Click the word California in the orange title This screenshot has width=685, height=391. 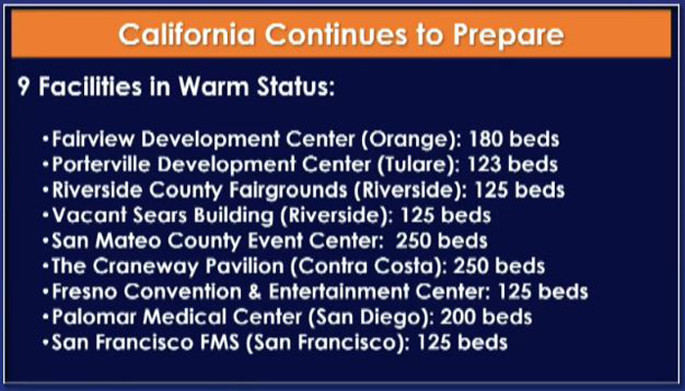[187, 34]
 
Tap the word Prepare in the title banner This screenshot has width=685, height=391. [509, 35]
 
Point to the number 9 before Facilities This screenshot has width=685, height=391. [23, 87]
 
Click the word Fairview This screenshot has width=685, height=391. [94, 139]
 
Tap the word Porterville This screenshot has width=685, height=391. [102, 164]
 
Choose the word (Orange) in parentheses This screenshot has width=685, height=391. [411, 140]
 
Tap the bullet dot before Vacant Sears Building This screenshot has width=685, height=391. [45, 216]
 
